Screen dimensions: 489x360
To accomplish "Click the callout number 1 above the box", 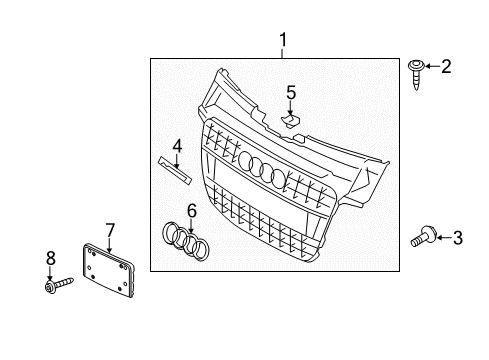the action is (x=283, y=40).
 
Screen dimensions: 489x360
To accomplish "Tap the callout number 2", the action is (x=446, y=66).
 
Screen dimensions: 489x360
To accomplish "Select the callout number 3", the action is (x=458, y=238).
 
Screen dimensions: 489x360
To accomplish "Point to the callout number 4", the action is (x=177, y=146).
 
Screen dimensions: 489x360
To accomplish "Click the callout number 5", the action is (x=291, y=92).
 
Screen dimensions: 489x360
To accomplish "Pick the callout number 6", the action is (x=192, y=211).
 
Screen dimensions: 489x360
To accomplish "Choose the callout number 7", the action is (x=110, y=230).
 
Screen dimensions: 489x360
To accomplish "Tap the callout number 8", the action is (x=51, y=258).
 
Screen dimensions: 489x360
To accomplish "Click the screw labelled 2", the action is (x=416, y=74).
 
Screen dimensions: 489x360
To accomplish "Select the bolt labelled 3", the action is (x=424, y=236).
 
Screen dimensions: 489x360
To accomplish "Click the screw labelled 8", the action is (x=59, y=285).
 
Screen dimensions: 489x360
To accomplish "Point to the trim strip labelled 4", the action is (x=175, y=170).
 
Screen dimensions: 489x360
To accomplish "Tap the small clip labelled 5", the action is (x=291, y=121).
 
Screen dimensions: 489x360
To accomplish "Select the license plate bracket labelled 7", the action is (x=109, y=270).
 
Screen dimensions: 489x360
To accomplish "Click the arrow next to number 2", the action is (x=432, y=66).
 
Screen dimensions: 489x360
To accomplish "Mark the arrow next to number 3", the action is (x=444, y=238).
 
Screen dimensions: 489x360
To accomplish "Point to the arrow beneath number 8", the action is (x=50, y=273).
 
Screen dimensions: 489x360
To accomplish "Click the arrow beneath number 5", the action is (x=291, y=109).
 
